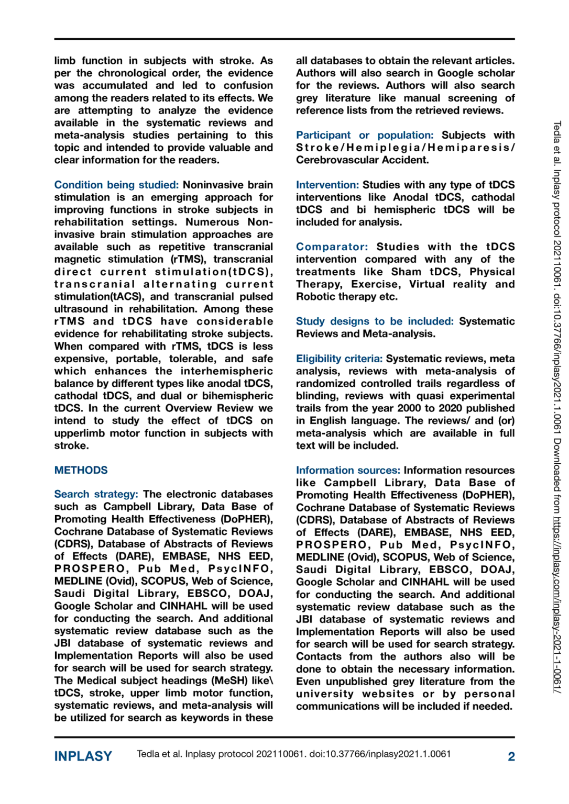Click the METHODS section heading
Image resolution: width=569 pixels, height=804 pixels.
(x=81, y=470)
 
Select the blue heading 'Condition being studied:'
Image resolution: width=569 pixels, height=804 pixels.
(x=116, y=185)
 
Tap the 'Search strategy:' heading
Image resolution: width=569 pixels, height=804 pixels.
(x=96, y=494)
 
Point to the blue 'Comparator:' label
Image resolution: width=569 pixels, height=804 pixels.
(x=332, y=247)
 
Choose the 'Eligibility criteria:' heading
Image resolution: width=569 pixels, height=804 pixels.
(x=339, y=359)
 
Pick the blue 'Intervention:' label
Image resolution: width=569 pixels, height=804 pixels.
(x=327, y=185)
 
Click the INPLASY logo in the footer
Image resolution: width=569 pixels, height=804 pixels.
(x=83, y=756)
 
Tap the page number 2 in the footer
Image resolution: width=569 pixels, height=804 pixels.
(x=511, y=756)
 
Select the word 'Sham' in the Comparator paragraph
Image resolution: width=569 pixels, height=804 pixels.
(x=406, y=272)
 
